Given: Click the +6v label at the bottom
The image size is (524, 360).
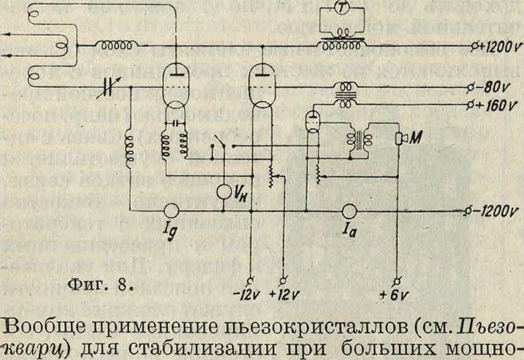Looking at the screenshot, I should coord(397,294).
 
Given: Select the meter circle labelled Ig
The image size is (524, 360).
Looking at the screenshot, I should coord(171,212).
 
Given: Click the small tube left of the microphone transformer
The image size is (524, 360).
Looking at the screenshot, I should coord(314,120).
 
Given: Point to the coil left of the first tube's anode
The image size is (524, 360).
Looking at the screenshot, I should coord(115,46).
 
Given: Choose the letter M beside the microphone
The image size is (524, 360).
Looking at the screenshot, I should coord(415,139).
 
